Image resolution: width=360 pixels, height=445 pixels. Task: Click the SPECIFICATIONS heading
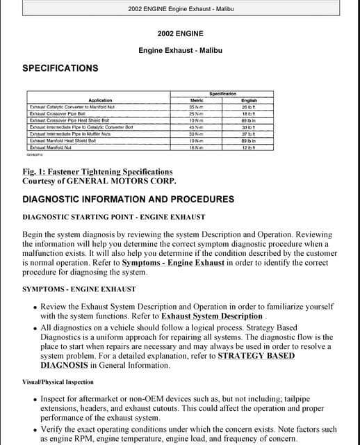[60, 68]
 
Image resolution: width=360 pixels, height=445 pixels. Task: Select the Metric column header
[196, 100]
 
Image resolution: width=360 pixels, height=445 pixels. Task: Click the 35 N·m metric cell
[196, 107]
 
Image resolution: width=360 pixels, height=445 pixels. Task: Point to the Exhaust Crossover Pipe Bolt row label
[58, 113]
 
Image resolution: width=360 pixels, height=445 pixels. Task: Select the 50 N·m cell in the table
[196, 133]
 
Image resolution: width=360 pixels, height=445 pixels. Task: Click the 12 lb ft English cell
[248, 147]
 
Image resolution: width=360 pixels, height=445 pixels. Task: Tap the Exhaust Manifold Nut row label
[51, 147]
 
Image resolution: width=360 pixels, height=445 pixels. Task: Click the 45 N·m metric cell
[196, 127]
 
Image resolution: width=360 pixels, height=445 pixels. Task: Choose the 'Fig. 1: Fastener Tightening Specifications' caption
[97, 172]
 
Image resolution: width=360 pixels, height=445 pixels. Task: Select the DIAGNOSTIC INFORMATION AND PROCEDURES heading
[128, 200]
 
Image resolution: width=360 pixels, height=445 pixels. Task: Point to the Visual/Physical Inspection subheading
[58, 382]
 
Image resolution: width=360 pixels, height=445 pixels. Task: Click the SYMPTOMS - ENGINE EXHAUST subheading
[79, 289]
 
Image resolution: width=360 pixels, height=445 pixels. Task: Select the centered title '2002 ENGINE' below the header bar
[180, 33]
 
